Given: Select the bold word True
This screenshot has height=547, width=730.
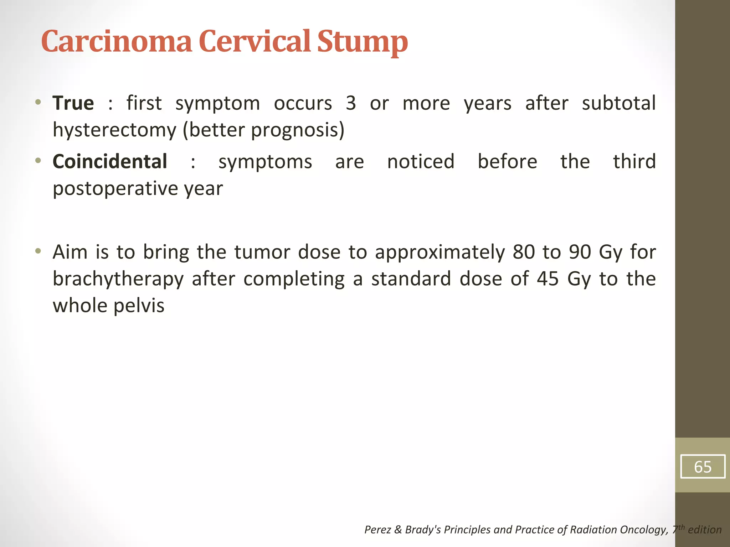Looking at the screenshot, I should [73, 103].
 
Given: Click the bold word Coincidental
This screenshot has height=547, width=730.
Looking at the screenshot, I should [110, 162].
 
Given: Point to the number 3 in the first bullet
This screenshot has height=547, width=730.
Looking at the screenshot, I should [351, 103].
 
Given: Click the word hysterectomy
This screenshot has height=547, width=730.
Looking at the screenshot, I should [114, 130].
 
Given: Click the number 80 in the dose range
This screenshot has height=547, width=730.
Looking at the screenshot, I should [524, 252].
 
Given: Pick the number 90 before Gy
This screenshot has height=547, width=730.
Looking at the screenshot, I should [580, 252].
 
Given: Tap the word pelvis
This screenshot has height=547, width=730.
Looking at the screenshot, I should [139, 306].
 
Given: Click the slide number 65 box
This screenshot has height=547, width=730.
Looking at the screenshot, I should [702, 467].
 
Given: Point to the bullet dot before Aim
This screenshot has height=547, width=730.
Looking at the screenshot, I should [38, 251].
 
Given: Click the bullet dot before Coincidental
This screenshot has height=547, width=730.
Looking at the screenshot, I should [38, 161].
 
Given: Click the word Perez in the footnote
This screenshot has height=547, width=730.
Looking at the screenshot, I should [378, 530].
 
